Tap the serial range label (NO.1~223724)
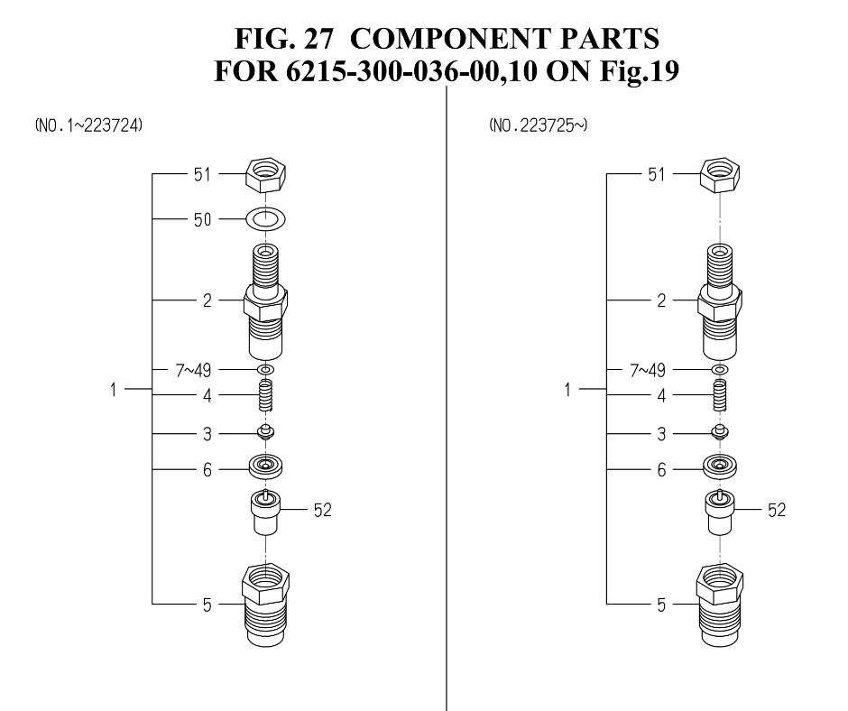point(88,125)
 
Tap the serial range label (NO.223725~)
point(538,125)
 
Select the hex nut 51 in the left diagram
point(265,174)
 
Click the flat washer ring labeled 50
point(266,219)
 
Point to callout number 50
point(202,219)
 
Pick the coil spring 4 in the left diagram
point(265,395)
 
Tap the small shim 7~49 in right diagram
point(719,370)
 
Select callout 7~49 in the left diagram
point(193,371)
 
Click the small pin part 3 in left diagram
point(265,432)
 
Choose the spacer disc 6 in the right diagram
point(720,466)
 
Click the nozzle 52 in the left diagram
point(265,512)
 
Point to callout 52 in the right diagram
point(777,511)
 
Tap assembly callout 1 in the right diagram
point(567,390)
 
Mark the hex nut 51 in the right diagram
point(720,174)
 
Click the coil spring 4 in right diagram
point(720,395)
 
